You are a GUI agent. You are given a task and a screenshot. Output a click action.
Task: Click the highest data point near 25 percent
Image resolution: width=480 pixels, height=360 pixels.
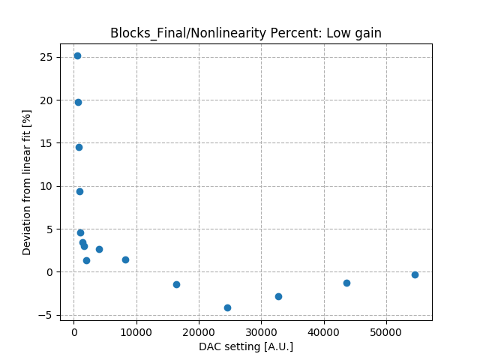point(77,55)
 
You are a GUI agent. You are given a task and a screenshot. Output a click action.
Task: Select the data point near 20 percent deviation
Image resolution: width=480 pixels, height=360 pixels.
point(78,102)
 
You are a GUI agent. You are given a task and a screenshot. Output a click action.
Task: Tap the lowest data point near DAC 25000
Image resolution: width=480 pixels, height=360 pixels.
point(227,307)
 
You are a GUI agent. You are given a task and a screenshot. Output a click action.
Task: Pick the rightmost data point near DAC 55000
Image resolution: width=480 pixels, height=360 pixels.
point(415,274)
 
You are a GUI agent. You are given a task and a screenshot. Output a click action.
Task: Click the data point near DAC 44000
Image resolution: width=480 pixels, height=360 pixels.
point(346,283)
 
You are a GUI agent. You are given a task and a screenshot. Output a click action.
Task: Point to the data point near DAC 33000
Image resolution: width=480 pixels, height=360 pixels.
point(278,296)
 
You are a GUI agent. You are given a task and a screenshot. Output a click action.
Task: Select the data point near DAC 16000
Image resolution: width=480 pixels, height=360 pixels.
point(176,284)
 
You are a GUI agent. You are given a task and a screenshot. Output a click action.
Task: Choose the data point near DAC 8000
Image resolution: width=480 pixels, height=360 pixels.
point(125,259)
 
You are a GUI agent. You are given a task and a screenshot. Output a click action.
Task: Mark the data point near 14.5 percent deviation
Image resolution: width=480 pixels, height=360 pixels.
point(79,147)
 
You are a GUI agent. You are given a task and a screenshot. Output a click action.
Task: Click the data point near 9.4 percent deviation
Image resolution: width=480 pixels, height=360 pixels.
point(79,191)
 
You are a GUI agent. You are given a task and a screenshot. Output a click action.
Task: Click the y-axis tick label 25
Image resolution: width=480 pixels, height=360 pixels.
point(46,57)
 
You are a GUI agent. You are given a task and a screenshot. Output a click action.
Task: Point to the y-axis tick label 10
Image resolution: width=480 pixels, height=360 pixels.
point(46,186)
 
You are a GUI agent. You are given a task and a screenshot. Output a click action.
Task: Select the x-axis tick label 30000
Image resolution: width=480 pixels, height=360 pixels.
point(261,332)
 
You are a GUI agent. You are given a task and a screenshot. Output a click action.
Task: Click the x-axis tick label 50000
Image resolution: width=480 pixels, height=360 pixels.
point(386,332)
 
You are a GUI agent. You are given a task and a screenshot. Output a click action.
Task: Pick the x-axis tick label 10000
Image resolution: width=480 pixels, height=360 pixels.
point(136,332)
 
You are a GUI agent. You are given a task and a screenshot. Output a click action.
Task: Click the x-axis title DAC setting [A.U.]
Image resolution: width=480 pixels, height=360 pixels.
point(246,346)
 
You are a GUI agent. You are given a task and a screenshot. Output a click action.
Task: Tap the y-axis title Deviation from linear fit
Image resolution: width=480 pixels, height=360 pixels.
point(27,182)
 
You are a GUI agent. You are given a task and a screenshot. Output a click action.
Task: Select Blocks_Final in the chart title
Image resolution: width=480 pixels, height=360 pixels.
point(144,33)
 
